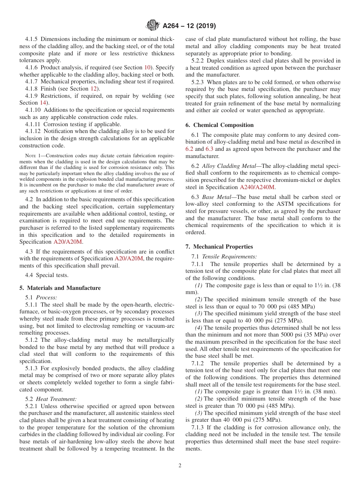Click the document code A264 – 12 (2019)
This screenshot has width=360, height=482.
point(189,26)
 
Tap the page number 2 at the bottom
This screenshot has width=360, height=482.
point(180,466)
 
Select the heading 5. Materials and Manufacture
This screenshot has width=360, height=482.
point(60,288)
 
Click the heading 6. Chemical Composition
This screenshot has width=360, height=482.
point(219,125)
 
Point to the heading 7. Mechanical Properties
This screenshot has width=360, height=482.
point(219,247)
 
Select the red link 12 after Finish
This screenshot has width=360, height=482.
point(93,89)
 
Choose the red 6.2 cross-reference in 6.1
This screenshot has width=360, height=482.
point(189,149)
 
